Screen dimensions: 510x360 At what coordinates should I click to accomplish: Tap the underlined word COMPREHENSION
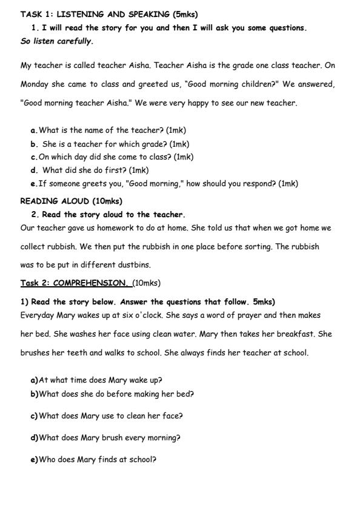(x=90, y=283)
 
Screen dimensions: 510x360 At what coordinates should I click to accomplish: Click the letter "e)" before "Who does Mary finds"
(x=34, y=459)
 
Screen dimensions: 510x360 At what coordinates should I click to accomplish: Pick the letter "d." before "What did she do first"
(x=35, y=170)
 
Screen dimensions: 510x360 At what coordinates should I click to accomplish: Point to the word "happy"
(x=179, y=103)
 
